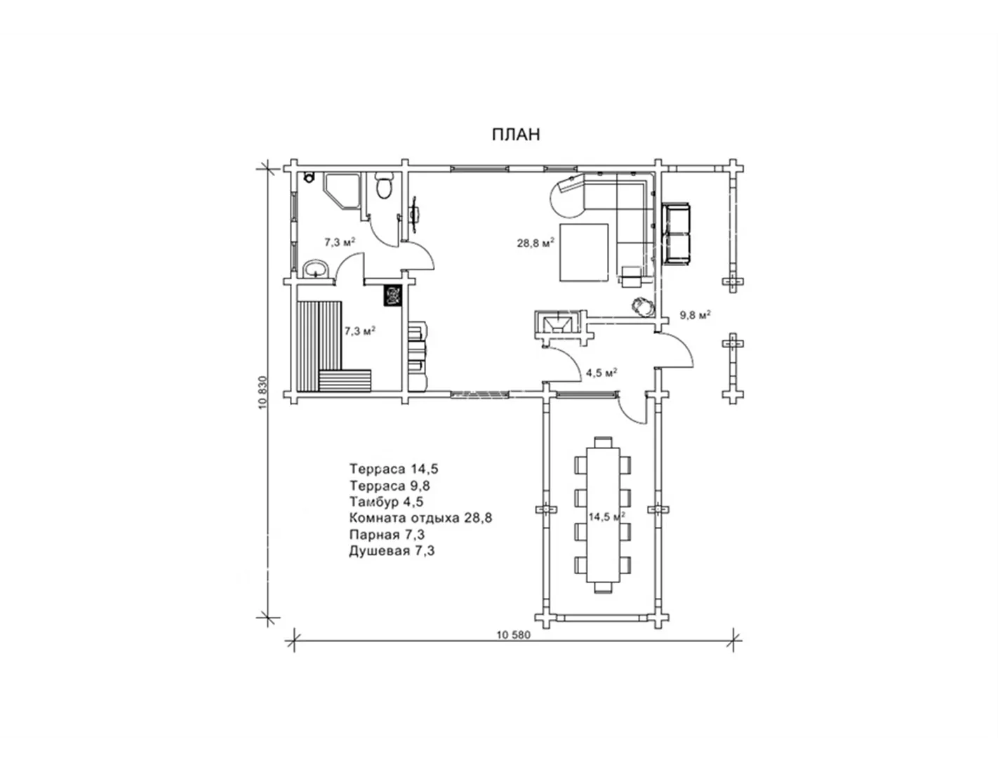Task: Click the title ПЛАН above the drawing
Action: tap(516, 134)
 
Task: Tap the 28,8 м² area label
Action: tap(535, 243)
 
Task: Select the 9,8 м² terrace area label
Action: tap(696, 314)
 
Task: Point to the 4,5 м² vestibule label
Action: tap(601, 373)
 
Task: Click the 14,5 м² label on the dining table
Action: tap(606, 517)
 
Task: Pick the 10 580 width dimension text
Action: tap(514, 635)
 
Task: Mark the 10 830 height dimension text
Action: tap(262, 392)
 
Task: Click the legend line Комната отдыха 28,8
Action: tap(420, 518)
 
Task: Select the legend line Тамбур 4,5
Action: tap(386, 502)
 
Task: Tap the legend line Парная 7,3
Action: tap(387, 535)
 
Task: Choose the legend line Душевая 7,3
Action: tap(392, 551)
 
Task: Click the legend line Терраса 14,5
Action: tap(394, 469)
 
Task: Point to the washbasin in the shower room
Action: tap(317, 269)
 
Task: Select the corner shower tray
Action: tap(342, 190)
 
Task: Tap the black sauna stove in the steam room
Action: tap(393, 295)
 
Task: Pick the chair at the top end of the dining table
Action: tap(603, 443)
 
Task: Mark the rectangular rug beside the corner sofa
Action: tap(584, 252)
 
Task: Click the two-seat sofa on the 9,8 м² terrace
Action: tap(676, 233)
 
